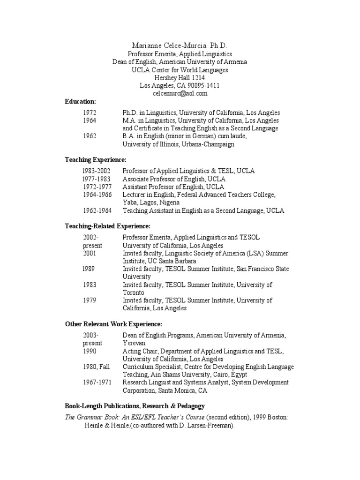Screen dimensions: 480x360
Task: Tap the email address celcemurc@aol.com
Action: click(x=180, y=93)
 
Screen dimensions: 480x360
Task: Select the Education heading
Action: click(x=80, y=101)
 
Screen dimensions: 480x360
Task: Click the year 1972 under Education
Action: click(x=90, y=112)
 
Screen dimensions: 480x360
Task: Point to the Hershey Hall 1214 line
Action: click(x=180, y=78)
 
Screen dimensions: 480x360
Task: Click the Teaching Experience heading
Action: click(x=95, y=160)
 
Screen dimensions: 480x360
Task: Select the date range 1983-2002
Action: click(x=97, y=171)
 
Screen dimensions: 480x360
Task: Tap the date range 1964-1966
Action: click(x=97, y=195)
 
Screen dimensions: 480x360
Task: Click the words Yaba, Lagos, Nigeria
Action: click(x=152, y=202)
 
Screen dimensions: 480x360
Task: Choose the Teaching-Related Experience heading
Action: click(x=107, y=226)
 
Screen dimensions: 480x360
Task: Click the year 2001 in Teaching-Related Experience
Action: click(x=90, y=253)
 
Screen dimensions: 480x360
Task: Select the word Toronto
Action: click(x=134, y=292)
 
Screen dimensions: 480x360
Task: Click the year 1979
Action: click(x=90, y=300)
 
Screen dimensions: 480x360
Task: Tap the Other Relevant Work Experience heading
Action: click(x=113, y=324)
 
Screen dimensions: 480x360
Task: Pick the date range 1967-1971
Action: click(x=97, y=382)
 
